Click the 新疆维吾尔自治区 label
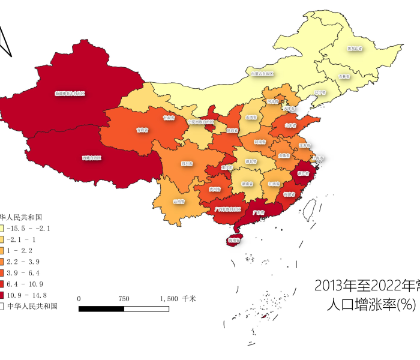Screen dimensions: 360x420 [70, 94]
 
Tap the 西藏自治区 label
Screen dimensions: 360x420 [92, 158]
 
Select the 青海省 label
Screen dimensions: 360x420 [142, 129]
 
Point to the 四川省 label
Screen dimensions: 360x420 [187, 163]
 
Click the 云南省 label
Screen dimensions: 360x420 [178, 201]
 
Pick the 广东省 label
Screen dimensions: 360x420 [259, 212]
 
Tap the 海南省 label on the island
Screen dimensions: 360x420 [234, 240]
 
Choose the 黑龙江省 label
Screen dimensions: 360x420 [355, 48]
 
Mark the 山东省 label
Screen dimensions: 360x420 [290, 125]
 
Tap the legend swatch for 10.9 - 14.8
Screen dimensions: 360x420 [2, 295]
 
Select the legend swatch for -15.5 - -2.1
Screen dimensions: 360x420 [2, 228]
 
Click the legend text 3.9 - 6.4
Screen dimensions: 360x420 [25, 272]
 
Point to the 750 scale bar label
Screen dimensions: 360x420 [124, 298]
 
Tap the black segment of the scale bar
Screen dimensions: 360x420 [101, 308]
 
